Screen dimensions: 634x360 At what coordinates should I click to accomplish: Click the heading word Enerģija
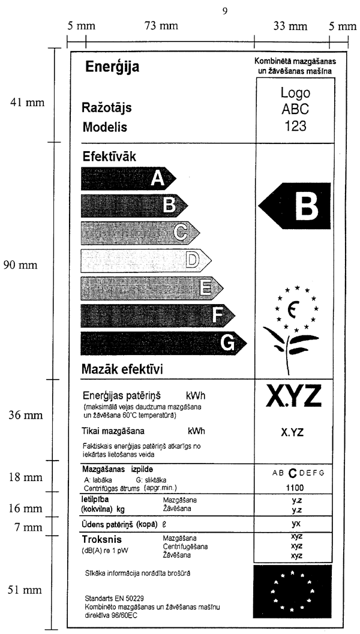112,67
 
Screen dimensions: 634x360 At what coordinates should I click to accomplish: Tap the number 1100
293,488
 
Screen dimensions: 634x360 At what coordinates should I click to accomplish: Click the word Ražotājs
107,109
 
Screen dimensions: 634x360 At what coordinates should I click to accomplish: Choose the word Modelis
104,127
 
